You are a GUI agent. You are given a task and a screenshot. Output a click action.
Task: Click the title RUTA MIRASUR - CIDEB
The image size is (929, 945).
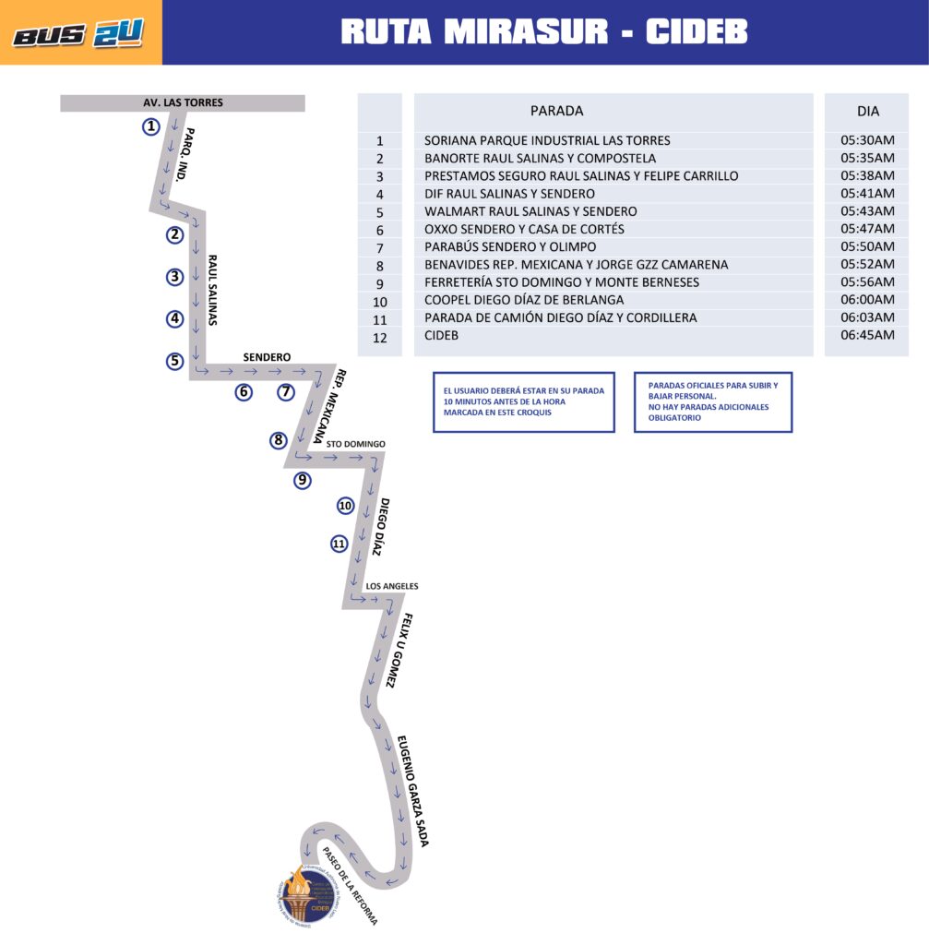(543, 31)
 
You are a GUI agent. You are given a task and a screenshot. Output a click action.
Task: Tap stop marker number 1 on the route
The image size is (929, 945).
(151, 126)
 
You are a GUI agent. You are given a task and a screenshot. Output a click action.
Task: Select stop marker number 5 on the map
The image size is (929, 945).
(175, 361)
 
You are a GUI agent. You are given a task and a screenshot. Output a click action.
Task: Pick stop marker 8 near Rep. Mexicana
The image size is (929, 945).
(279, 440)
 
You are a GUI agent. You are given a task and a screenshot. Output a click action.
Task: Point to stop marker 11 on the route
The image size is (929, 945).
(339, 544)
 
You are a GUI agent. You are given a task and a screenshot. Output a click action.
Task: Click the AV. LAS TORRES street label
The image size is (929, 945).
(183, 102)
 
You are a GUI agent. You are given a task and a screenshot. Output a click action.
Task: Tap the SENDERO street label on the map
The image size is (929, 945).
(267, 356)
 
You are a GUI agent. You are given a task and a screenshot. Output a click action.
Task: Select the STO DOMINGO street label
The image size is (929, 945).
(355, 444)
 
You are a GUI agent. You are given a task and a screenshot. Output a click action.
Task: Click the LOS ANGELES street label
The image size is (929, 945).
(392, 586)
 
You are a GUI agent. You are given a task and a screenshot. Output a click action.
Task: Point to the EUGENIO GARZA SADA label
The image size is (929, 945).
(412, 791)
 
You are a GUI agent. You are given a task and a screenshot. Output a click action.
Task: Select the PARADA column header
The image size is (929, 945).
(556, 111)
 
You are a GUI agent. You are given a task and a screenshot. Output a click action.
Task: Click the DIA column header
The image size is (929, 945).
(868, 111)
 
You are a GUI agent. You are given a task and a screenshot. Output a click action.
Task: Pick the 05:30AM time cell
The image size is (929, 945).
(868, 140)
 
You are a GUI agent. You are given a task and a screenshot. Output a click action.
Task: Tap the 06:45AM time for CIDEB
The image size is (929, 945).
(868, 335)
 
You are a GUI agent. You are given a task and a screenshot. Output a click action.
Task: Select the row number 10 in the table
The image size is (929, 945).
(380, 301)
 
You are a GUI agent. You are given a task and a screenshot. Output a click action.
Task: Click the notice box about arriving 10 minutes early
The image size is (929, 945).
(523, 401)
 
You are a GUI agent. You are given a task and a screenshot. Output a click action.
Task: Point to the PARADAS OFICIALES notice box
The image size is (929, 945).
(712, 401)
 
